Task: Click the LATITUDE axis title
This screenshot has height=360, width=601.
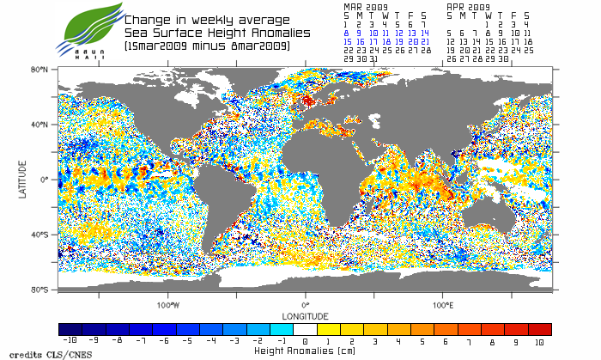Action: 23,180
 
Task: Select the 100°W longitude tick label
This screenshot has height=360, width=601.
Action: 168,305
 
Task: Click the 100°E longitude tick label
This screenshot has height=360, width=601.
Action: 443,305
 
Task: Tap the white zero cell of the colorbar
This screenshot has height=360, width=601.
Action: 306,329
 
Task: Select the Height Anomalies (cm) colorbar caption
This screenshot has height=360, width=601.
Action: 306,351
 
